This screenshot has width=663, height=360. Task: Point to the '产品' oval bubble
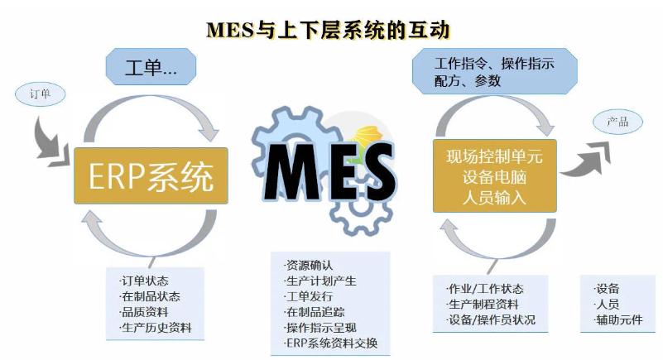617,122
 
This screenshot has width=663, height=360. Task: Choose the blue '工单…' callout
151,67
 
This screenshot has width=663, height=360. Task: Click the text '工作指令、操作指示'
494,63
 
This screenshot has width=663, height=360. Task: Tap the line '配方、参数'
467,81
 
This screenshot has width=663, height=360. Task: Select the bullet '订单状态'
150,281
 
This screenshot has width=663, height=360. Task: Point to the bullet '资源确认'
308,266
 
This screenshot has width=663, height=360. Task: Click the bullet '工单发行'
308,296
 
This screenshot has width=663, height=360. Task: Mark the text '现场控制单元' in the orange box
495,156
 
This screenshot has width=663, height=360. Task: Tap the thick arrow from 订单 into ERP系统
50,139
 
